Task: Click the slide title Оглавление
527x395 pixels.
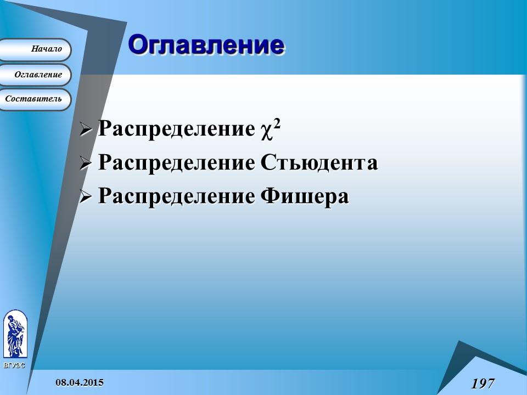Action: pos(206,45)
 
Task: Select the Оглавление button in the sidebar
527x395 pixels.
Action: pos(38,75)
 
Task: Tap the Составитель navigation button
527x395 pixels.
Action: pos(33,99)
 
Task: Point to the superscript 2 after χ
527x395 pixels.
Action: pos(277,125)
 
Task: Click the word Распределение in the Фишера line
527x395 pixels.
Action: pos(176,196)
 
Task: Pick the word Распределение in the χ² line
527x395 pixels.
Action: pos(176,129)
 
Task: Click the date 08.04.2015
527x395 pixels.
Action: pos(79,382)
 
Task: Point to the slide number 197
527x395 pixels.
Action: pos(483,383)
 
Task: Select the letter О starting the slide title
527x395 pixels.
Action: pos(139,45)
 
